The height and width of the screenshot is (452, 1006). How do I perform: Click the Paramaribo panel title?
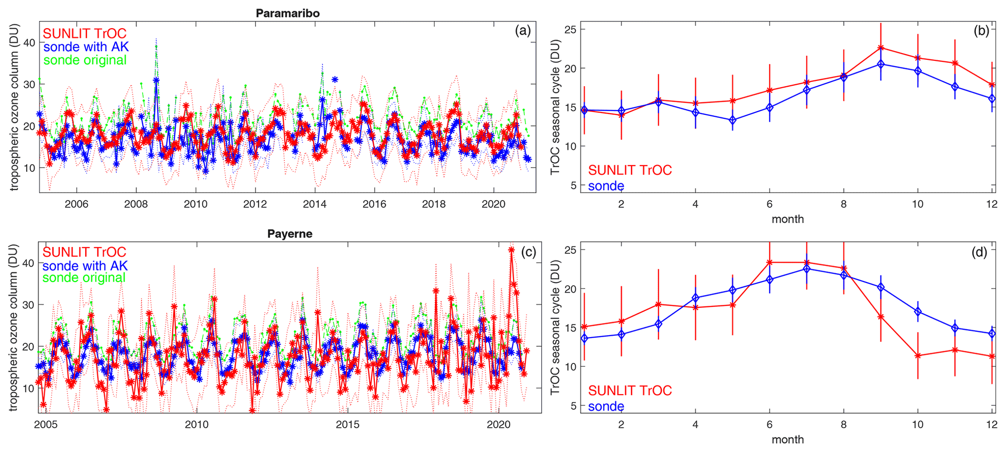(288, 13)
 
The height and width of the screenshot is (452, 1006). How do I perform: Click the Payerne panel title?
(290, 234)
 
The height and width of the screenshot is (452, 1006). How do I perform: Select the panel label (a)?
(523, 31)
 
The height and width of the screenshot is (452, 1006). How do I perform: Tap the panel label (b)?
(981, 31)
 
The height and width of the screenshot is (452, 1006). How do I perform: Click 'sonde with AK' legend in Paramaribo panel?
(86, 47)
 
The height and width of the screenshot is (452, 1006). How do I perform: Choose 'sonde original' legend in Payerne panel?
(84, 278)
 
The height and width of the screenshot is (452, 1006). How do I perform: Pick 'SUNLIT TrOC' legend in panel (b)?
(630, 170)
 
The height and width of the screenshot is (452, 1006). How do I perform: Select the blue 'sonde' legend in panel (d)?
(606, 406)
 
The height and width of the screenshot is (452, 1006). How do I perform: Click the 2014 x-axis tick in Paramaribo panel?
(315, 204)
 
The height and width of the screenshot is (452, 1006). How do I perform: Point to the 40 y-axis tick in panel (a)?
(29, 42)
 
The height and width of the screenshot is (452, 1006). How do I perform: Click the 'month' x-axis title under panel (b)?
(787, 219)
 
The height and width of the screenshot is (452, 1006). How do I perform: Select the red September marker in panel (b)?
(880, 48)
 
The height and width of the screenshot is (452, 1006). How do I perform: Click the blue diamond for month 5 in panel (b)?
(732, 120)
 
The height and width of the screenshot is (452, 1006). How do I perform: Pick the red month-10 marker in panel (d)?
(917, 356)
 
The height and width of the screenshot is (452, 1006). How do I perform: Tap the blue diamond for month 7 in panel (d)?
(806, 268)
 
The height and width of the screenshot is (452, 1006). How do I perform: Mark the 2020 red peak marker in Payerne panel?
(511, 249)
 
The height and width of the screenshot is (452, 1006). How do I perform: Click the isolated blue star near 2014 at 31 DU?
(334, 79)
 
